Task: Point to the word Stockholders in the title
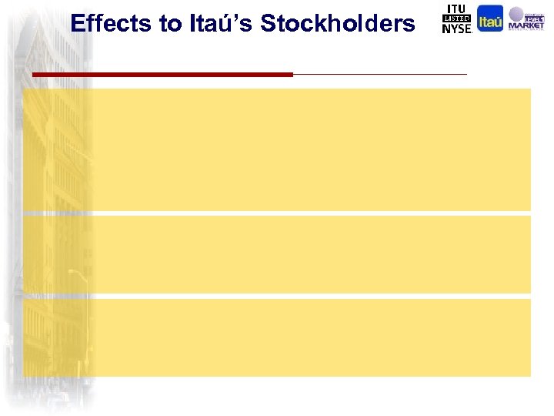(x=338, y=24)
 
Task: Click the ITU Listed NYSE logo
(x=456, y=18)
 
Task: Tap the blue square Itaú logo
(x=490, y=18)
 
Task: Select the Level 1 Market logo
(x=526, y=18)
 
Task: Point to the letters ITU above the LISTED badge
(x=456, y=8)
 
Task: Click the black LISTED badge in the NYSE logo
(x=456, y=18)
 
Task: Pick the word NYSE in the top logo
(x=456, y=29)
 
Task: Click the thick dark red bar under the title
(x=162, y=74)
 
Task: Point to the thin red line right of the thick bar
(x=380, y=74)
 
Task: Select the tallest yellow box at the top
(x=277, y=149)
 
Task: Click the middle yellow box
(x=277, y=254)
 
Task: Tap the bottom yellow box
(x=277, y=337)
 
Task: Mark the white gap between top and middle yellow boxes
(x=277, y=213)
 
